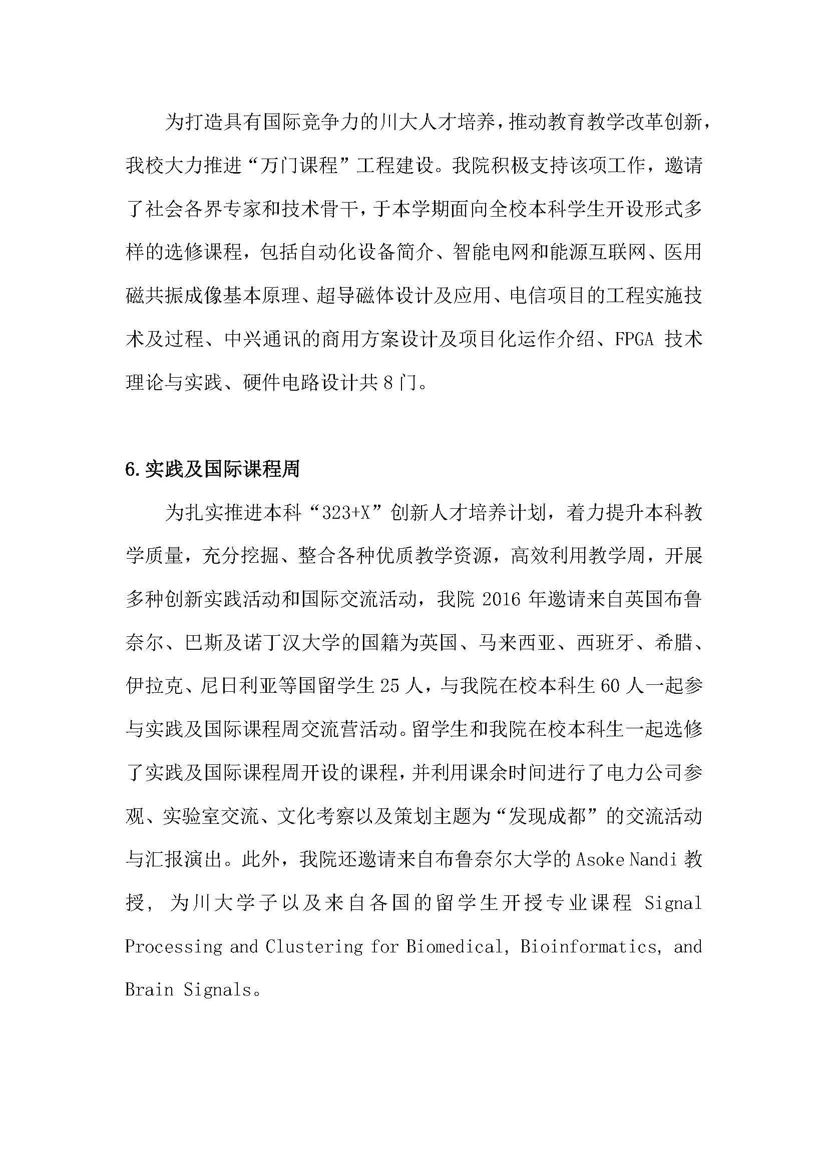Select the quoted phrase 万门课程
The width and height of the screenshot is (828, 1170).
(299, 166)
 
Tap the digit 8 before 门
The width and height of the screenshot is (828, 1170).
(388, 382)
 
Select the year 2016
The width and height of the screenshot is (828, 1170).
(501, 599)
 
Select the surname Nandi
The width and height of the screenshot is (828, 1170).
(653, 860)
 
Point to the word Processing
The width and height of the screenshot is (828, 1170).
(173, 946)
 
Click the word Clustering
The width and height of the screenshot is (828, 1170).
(314, 946)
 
